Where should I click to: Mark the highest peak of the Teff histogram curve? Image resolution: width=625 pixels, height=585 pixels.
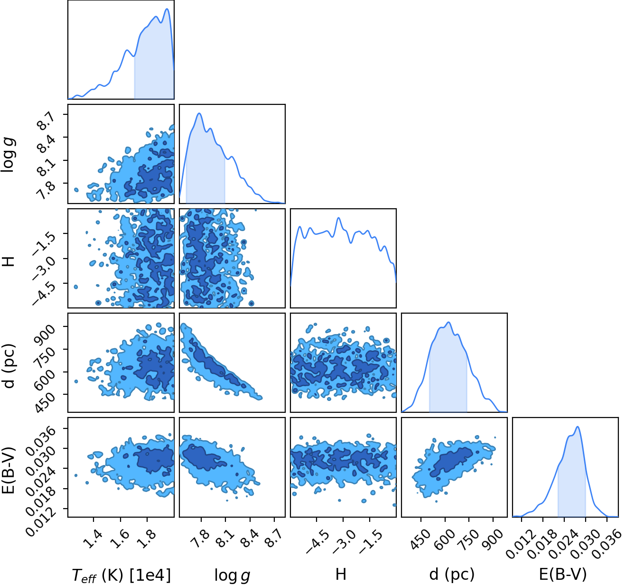[167, 9]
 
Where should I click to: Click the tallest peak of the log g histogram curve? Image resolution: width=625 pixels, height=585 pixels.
[199, 113]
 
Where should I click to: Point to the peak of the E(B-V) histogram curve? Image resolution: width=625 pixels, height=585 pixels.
[578, 427]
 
